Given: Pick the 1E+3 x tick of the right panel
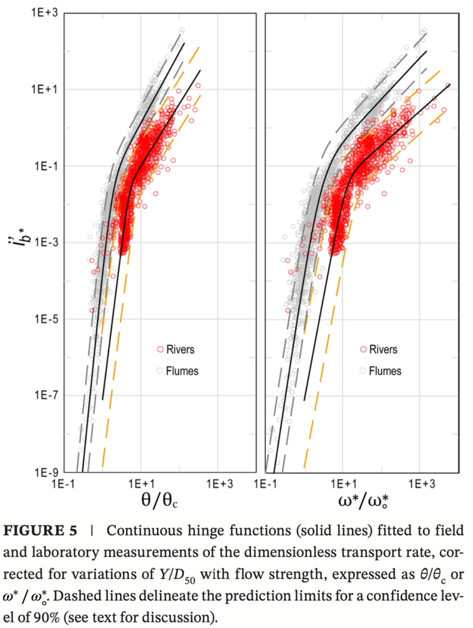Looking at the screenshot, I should pyautogui.click(x=423, y=484).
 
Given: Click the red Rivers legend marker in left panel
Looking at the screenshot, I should pyautogui.click(x=161, y=350).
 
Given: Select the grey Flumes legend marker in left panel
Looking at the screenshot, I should pyautogui.click(x=161, y=371).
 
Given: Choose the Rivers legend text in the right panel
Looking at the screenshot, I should pyautogui.click(x=383, y=350).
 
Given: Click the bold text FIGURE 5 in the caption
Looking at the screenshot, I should pyautogui.click(x=40, y=531).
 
